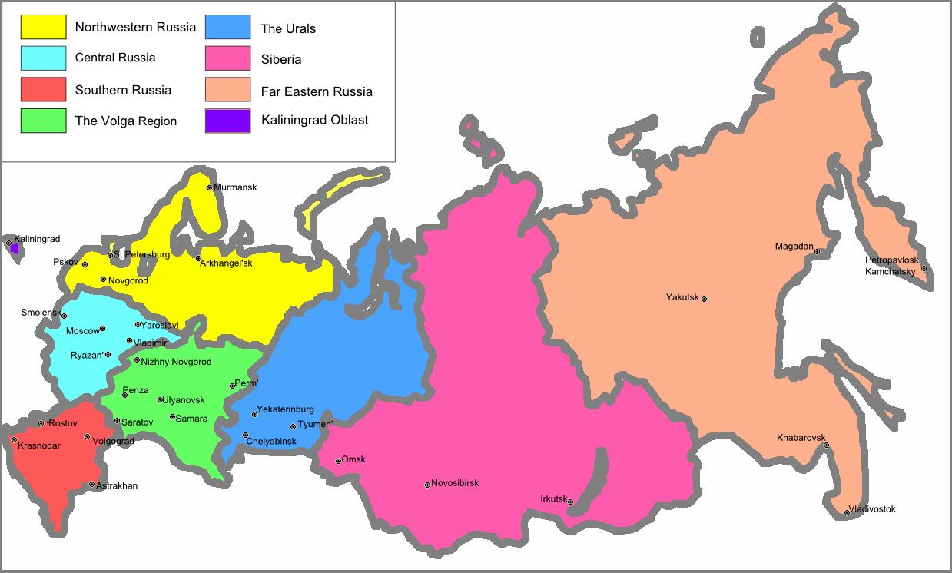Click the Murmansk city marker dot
click(x=209, y=187)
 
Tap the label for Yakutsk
click(x=682, y=297)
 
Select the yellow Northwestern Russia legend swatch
click(x=43, y=27)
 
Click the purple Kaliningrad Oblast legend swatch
click(x=227, y=121)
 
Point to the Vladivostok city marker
click(x=847, y=512)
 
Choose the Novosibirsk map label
click(x=455, y=483)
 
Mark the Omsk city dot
click(x=338, y=461)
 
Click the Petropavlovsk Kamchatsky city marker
click(x=924, y=268)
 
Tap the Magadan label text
click(x=794, y=247)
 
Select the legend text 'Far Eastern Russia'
click(x=317, y=91)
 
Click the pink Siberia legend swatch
click(x=227, y=58)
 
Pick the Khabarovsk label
click(x=800, y=438)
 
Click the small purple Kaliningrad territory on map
click(x=15, y=248)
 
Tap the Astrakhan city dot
click(x=91, y=485)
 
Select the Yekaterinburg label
click(x=285, y=409)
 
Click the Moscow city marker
click(x=102, y=329)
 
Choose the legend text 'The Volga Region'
click(x=126, y=121)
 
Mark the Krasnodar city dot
click(x=14, y=440)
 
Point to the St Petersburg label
click(x=142, y=254)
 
